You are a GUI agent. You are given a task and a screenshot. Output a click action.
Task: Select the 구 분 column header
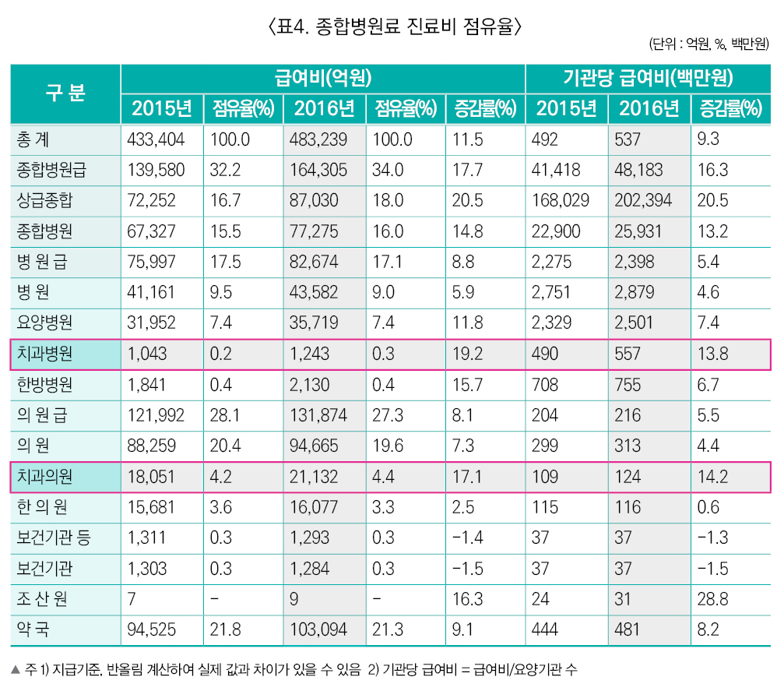[65, 93]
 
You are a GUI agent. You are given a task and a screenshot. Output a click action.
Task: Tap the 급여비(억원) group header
[322, 79]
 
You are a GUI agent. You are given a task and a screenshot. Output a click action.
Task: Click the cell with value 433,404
[156, 140]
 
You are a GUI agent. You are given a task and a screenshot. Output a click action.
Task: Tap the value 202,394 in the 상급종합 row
[643, 201]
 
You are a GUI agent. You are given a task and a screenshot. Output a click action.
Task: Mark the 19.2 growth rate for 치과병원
[467, 354]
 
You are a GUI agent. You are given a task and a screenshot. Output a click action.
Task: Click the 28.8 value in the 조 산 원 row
[712, 598]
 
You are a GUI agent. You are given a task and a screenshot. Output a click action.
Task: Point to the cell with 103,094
[319, 629]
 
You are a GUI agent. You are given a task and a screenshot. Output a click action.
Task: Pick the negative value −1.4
[468, 538]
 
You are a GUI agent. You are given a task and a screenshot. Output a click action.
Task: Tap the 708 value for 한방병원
[546, 385]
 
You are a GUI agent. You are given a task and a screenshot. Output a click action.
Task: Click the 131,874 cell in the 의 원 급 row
[319, 415]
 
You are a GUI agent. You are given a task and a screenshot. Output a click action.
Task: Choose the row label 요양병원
[44, 323]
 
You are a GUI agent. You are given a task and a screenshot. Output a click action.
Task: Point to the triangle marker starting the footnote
[16, 669]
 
